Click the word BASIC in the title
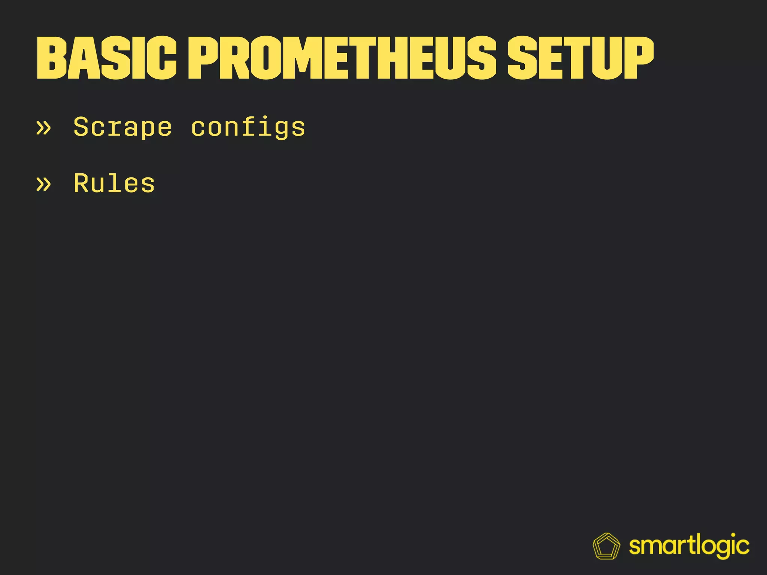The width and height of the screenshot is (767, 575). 106,58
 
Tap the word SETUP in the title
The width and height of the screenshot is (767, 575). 580,58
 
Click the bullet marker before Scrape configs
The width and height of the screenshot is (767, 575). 43,128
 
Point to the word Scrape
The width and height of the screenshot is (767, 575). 122,127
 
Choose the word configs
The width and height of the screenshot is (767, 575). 248,127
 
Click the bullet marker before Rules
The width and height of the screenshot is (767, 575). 43,184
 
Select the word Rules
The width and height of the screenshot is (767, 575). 114,183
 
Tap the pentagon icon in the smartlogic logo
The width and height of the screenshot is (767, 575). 606,546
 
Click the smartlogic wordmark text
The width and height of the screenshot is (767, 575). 689,546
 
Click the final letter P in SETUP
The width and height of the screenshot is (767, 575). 637,58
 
